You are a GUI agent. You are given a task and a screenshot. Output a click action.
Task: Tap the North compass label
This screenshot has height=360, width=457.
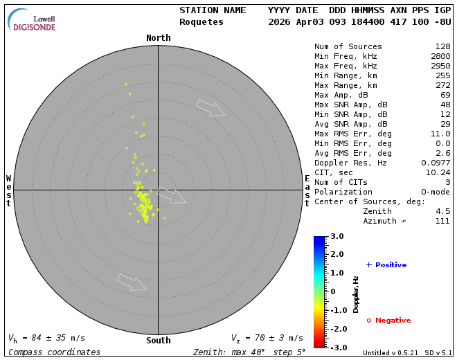(159, 38)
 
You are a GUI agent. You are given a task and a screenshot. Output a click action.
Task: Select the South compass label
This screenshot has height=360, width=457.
(159, 340)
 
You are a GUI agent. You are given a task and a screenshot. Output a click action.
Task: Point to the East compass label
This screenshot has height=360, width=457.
(307, 190)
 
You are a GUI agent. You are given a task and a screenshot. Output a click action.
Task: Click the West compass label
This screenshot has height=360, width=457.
(9, 190)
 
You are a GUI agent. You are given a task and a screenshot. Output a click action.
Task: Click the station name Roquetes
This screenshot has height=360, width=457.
(201, 22)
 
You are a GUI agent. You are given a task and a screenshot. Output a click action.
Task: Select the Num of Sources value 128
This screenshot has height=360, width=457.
(442, 46)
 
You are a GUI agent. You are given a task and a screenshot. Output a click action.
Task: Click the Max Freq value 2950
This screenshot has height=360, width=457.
(440, 66)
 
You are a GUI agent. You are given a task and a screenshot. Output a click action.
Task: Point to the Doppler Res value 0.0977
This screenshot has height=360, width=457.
(435, 163)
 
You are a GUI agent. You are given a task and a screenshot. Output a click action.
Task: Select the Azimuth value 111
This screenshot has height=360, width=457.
(442, 221)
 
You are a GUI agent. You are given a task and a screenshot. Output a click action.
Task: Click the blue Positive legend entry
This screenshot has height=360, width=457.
(386, 265)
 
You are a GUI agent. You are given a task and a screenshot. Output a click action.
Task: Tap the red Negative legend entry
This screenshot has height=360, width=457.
(388, 321)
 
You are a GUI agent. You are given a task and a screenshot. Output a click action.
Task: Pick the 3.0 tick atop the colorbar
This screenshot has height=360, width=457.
(336, 236)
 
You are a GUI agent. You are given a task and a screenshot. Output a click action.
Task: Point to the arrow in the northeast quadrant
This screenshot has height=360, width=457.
(210, 108)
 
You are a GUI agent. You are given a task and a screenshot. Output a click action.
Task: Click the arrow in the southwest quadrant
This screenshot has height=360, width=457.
(132, 282)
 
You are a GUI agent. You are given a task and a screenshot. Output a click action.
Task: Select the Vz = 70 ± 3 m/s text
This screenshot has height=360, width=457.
(267, 339)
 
